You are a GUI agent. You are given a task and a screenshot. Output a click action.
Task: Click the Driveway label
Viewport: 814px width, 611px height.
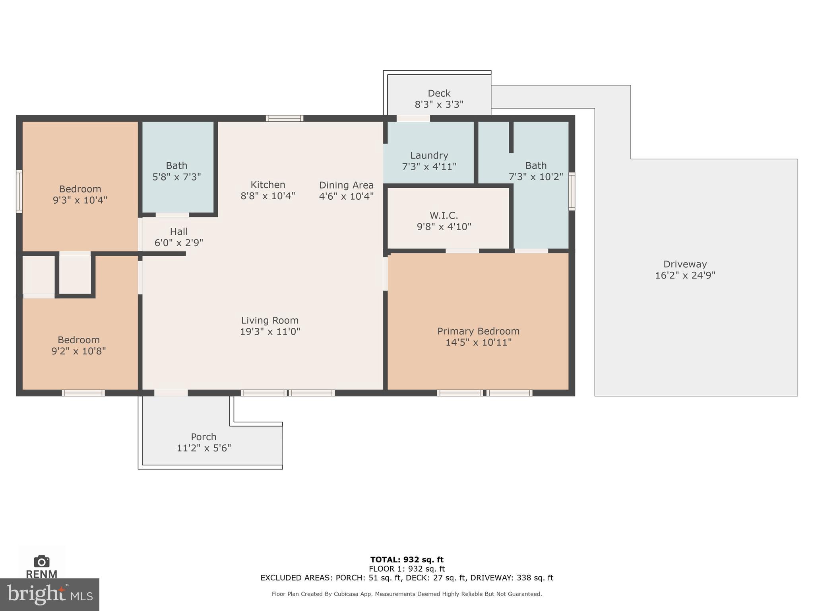(x=685, y=264)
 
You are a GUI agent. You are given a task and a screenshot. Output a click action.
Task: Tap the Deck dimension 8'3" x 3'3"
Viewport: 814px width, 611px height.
(x=439, y=105)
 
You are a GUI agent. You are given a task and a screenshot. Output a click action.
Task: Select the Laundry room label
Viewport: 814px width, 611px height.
(x=429, y=156)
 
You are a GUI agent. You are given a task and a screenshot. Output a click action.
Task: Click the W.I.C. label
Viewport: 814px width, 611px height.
(x=444, y=216)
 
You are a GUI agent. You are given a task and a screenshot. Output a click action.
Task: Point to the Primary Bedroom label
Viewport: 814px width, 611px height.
(x=478, y=331)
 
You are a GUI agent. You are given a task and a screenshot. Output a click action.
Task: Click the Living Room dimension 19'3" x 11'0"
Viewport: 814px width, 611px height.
(x=270, y=332)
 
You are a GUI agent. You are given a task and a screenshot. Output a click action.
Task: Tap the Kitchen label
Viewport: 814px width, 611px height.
(x=267, y=185)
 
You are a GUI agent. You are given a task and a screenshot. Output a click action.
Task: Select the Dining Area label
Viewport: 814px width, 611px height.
(x=346, y=185)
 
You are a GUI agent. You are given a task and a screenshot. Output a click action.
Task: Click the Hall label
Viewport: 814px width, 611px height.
(x=178, y=232)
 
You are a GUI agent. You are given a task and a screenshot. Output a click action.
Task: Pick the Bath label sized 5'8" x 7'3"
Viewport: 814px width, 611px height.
(x=176, y=165)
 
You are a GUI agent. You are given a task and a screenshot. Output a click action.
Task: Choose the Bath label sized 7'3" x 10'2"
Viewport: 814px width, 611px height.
(x=536, y=165)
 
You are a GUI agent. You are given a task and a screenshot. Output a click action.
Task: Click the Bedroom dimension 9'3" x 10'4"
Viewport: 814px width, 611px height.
(x=80, y=200)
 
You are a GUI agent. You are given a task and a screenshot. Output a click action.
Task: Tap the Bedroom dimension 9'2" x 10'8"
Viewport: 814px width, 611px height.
(x=78, y=351)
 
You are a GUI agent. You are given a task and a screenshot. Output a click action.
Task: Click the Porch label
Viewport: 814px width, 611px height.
(x=203, y=437)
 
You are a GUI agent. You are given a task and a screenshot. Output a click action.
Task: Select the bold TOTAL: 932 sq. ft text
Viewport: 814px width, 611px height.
(x=407, y=560)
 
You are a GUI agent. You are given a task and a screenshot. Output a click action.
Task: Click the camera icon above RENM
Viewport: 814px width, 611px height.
(x=41, y=561)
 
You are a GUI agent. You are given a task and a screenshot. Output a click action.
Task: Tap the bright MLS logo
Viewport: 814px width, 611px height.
(x=49, y=595)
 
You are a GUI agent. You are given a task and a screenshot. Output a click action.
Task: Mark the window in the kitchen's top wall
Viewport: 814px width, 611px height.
(x=284, y=118)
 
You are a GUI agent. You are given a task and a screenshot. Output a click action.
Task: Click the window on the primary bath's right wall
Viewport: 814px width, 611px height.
(x=572, y=191)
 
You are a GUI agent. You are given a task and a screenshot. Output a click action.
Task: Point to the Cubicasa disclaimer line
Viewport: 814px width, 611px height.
(x=407, y=594)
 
